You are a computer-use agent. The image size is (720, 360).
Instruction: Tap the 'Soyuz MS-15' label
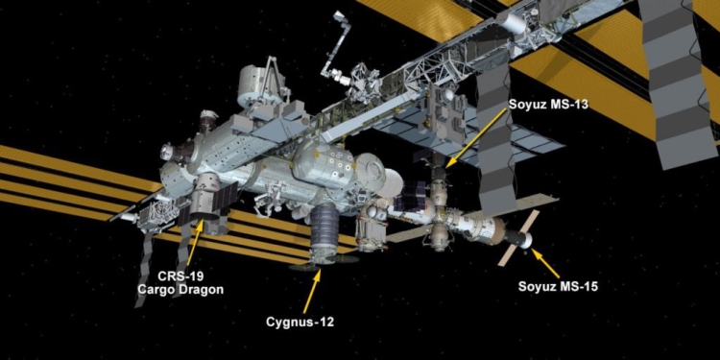coord(562,285)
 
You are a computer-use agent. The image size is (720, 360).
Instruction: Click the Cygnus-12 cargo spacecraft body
coord(324,230)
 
